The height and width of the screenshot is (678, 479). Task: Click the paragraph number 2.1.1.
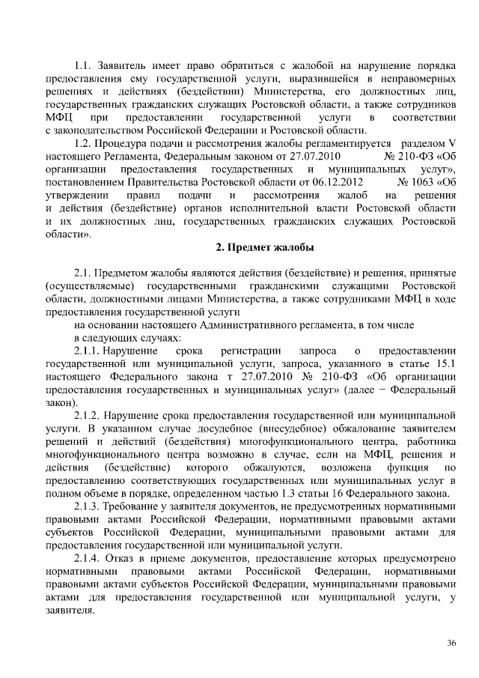point(90,350)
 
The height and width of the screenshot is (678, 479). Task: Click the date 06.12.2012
point(339,181)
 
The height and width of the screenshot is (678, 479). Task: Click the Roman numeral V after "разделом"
point(452,143)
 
